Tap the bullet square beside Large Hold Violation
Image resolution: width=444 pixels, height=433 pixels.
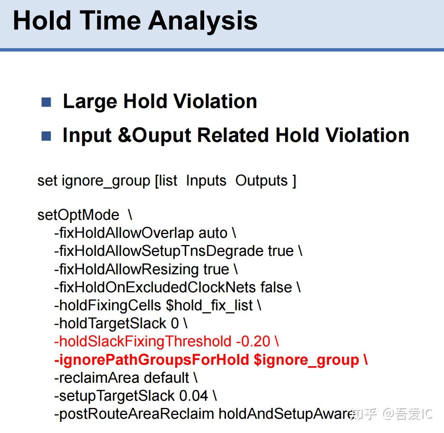pyautogui.click(x=46, y=102)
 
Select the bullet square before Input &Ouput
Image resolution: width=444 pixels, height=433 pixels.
pyautogui.click(x=46, y=136)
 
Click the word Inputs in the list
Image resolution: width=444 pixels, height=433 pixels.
pyautogui.click(x=206, y=181)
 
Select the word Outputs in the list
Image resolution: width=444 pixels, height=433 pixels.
pyautogui.click(x=261, y=181)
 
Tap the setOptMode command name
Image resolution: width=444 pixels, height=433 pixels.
pyautogui.click(x=78, y=215)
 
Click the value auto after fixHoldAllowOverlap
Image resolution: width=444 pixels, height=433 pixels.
pyautogui.click(x=213, y=233)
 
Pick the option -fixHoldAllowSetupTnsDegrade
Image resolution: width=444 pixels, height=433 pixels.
pyautogui.click(x=158, y=251)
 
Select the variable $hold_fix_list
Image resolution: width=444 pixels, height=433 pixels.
pyautogui.click(x=209, y=306)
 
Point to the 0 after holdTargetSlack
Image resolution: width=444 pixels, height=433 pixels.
pyautogui.click(x=175, y=324)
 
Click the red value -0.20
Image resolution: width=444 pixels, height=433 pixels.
pyautogui.click(x=253, y=342)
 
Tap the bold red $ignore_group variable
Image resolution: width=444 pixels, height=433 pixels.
pyautogui.click(x=306, y=360)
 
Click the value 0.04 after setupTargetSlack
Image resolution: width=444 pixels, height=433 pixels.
pyautogui.click(x=194, y=396)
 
